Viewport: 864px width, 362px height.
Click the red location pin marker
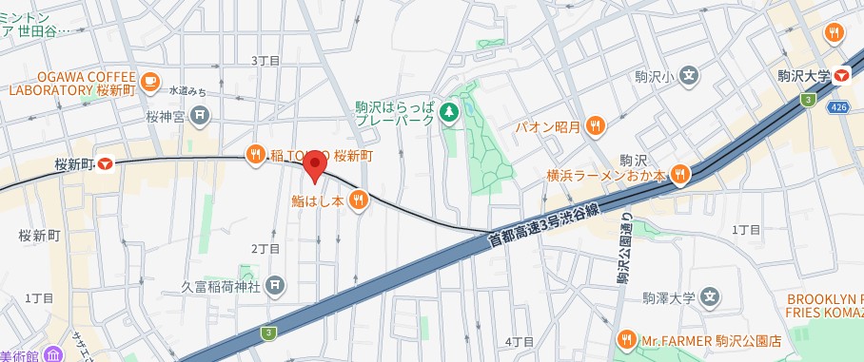pyautogui.click(x=315, y=164)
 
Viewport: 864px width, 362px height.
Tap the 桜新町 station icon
pyautogui.click(x=106, y=163)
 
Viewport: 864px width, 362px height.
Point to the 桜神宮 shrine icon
pyautogui.click(x=200, y=117)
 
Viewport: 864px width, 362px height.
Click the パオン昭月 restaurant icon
pyautogui.click(x=596, y=125)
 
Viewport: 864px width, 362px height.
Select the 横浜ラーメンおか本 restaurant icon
pyautogui.click(x=679, y=174)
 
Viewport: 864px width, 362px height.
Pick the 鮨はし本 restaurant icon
pyautogui.click(x=358, y=200)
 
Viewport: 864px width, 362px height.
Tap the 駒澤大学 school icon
pyautogui.click(x=709, y=297)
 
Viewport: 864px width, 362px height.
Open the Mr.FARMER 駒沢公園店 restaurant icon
pyautogui.click(x=627, y=339)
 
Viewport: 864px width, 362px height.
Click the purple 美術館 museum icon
pyautogui.click(x=54, y=356)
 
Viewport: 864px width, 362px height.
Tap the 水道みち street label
pyautogui.click(x=187, y=91)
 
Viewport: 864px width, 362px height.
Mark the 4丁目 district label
pyautogui.click(x=520, y=341)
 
